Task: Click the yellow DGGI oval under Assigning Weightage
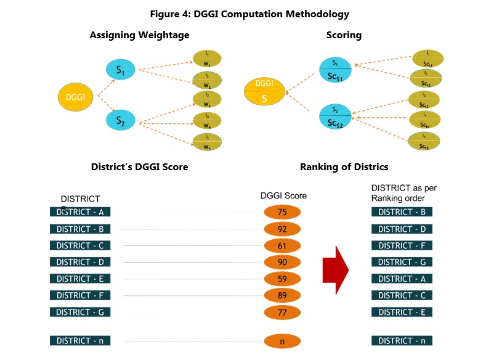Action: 76,97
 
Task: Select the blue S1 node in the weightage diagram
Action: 121,69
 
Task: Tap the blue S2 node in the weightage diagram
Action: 121,120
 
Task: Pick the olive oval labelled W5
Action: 207,141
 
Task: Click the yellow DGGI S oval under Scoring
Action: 264,91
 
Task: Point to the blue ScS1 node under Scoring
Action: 335,69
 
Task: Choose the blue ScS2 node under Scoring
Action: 335,117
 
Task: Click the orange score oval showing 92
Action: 282,229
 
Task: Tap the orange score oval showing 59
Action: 282,279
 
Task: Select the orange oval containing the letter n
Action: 282,341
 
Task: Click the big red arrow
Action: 336,270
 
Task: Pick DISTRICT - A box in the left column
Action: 81,212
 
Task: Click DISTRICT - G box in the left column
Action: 81,312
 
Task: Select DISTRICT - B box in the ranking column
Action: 402,212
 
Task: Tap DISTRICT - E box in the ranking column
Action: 402,312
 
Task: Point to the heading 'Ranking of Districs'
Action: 344,167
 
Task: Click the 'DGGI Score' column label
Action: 283,196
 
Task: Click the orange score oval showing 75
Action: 282,213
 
